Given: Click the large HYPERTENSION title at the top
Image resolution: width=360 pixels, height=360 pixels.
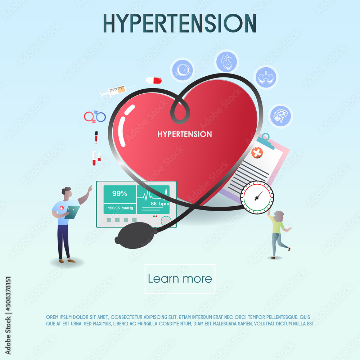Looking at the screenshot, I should click(x=180, y=23).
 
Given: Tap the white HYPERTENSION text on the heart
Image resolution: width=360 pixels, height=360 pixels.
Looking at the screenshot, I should click(x=185, y=134).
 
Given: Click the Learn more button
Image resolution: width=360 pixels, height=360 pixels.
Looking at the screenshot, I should click(x=180, y=279).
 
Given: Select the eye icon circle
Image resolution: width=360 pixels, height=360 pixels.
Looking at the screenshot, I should click(x=182, y=70).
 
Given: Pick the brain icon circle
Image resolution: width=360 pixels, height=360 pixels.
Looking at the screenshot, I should click(x=280, y=116).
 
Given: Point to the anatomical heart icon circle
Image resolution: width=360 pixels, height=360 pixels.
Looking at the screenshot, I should click(x=227, y=62).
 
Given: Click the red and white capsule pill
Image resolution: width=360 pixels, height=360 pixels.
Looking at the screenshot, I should click(x=154, y=80).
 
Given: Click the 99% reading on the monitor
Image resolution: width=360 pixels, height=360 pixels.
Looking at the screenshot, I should click(x=120, y=194).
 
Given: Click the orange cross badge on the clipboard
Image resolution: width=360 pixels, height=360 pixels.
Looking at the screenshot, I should click(x=257, y=153).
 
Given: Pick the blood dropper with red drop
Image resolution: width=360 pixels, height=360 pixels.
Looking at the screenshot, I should click(x=96, y=137).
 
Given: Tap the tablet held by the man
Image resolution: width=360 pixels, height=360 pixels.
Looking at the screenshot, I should click(x=72, y=212).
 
